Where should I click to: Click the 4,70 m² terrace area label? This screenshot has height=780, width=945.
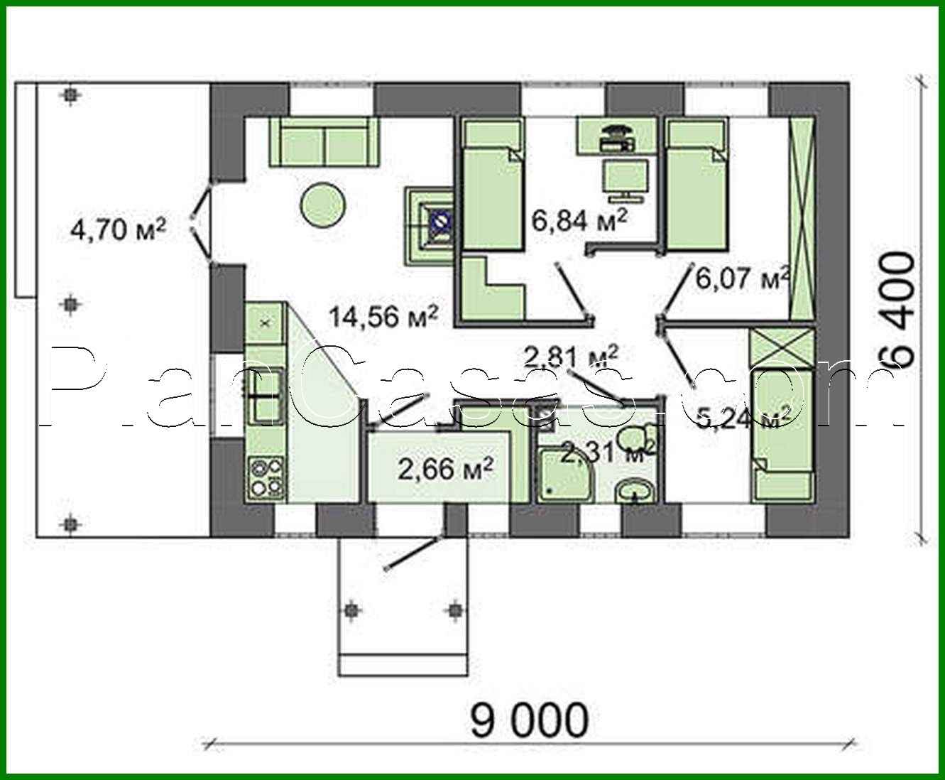(x=118, y=230)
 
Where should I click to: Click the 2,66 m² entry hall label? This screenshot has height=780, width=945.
(x=444, y=469)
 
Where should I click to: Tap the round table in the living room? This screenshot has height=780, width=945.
(x=323, y=205)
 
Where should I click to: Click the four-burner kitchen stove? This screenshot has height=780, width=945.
(x=266, y=477)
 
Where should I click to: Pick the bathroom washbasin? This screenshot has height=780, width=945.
(x=635, y=490)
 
